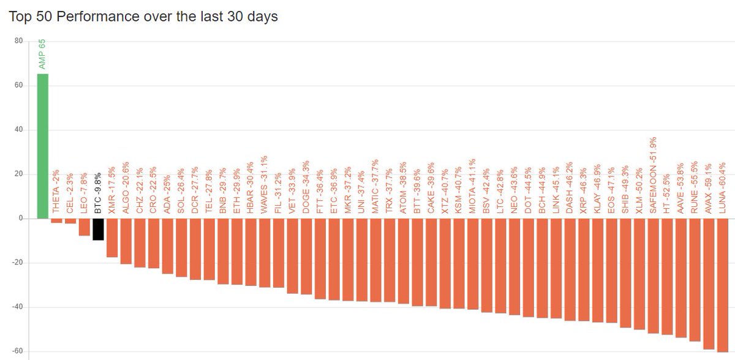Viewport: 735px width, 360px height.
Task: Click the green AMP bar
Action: pos(43,146)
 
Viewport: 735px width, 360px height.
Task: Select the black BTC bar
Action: pos(98,230)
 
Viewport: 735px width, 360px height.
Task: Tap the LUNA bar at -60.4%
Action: pos(723,285)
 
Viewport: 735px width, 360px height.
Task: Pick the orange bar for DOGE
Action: pos(306,257)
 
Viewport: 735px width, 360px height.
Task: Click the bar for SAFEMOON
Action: pos(654,276)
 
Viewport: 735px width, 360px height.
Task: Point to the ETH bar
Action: pos(237,252)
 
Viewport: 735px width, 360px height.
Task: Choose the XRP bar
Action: pos(584,270)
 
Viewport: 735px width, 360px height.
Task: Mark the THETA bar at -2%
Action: pos(56,221)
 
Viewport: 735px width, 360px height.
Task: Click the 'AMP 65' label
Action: pos(42,54)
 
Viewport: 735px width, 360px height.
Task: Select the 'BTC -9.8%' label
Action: pos(98,193)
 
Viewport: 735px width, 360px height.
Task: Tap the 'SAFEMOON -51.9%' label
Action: pos(653,175)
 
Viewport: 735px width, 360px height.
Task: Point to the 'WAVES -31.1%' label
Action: pos(264,184)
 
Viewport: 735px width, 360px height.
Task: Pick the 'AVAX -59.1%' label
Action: pos(709,189)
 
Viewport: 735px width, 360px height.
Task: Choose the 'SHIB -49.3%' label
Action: pos(625,190)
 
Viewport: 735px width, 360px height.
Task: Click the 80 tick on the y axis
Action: pos(19,41)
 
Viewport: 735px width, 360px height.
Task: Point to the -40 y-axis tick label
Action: pos(17,307)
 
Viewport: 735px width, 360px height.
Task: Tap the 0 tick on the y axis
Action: pos(21,219)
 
